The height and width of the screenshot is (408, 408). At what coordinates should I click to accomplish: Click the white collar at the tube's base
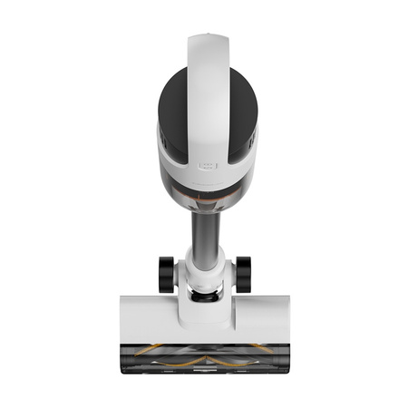click(x=204, y=269)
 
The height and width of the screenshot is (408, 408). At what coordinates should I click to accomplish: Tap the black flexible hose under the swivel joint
click(x=204, y=292)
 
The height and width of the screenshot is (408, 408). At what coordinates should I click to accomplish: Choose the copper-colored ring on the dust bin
click(x=204, y=191)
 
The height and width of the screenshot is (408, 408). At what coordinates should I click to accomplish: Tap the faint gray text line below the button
click(x=204, y=179)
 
